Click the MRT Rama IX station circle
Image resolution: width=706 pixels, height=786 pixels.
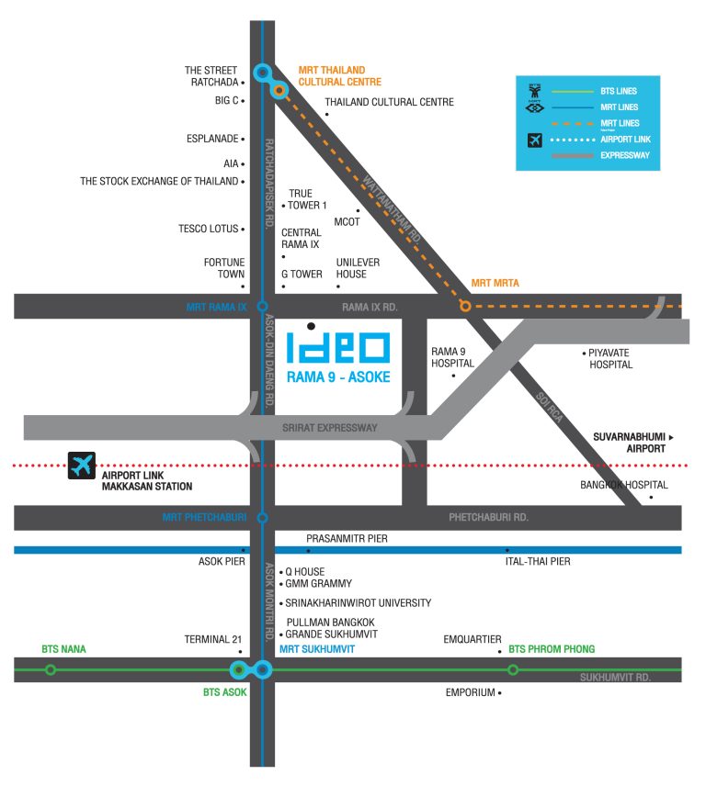(262, 307)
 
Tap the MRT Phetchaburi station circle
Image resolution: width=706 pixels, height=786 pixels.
(262, 518)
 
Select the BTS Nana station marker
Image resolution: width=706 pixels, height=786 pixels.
(51, 669)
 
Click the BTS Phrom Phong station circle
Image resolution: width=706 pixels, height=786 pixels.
(513, 669)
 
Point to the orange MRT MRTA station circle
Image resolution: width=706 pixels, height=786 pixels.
(466, 306)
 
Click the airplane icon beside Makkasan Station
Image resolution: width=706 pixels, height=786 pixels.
(82, 466)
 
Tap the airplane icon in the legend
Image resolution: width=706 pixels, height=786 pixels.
(535, 140)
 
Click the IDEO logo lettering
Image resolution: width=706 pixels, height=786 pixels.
(338, 347)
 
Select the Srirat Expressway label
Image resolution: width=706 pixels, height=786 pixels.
(330, 428)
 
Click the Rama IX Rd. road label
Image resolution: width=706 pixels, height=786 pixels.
(370, 307)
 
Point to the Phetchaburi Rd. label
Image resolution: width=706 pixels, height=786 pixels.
(489, 517)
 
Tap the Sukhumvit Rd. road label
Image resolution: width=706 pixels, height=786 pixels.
(615, 678)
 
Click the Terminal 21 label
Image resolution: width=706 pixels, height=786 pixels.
(212, 639)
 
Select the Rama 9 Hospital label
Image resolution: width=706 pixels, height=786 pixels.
(452, 357)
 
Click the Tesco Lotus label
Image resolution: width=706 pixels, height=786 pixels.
(209, 229)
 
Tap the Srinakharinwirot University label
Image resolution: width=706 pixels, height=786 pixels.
(359, 602)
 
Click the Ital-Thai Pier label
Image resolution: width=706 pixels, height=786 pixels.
(538, 561)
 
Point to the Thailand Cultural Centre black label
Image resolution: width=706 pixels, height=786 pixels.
(390, 102)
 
